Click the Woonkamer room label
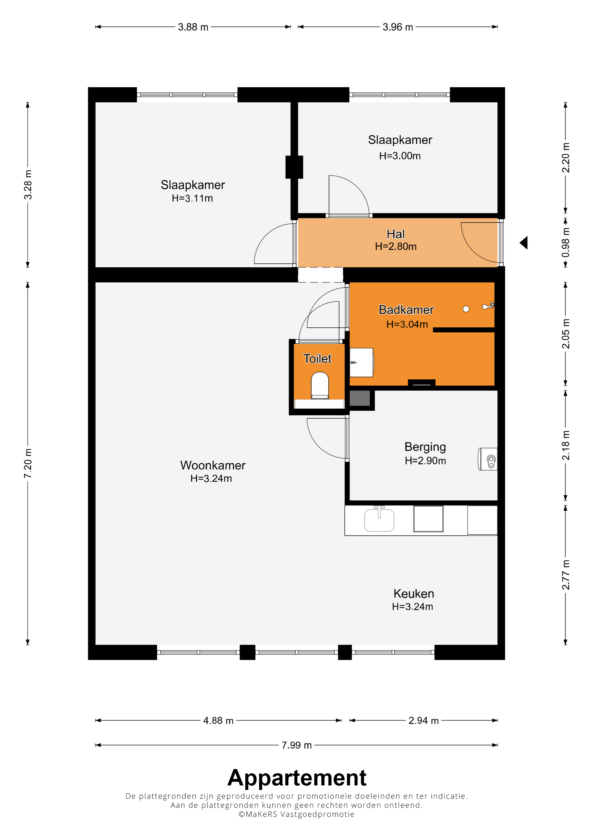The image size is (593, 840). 213,465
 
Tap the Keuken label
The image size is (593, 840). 414,593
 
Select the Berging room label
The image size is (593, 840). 425,447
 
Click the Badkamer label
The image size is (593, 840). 406,310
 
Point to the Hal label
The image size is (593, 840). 396,234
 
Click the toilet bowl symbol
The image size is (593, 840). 320,385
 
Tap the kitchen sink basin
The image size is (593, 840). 379,519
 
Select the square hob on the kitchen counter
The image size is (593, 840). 428,519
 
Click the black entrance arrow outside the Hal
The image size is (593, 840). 524,243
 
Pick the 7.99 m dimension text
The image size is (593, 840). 296,745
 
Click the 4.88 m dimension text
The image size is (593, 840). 218,720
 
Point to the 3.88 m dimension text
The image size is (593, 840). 193,27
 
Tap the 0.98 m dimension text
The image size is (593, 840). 565,243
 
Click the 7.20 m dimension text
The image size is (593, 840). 28,463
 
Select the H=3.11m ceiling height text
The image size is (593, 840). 192,198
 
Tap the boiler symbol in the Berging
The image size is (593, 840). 488,459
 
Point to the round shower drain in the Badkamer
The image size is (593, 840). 466,309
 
